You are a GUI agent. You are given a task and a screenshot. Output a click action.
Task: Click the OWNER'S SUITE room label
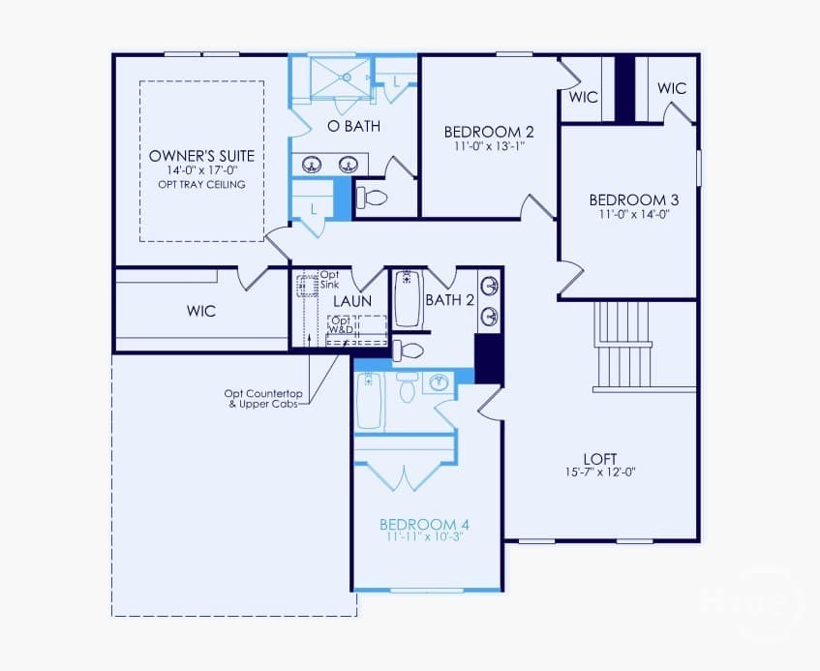[x=202, y=156]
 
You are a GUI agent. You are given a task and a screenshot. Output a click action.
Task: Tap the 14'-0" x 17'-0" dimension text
[x=202, y=170]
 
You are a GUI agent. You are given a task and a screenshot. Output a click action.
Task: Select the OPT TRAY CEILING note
[x=202, y=184]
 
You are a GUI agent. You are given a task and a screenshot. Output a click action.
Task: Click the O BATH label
[x=353, y=126]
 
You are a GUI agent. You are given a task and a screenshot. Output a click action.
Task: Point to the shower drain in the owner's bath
[x=346, y=77]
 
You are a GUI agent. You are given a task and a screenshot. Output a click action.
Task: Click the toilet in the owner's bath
[x=372, y=198]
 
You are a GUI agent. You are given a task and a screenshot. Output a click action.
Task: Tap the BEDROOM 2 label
[x=489, y=132]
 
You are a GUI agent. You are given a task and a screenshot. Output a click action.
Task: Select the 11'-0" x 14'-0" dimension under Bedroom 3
[x=634, y=214]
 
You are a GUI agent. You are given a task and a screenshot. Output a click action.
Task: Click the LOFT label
[x=600, y=459]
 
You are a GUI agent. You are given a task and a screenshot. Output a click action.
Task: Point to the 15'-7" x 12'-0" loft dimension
[x=600, y=472]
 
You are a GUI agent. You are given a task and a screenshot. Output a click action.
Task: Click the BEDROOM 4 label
[x=424, y=524]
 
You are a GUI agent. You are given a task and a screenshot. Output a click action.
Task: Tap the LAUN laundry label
[x=352, y=301]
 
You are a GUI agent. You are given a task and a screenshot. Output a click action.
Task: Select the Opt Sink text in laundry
[x=329, y=279]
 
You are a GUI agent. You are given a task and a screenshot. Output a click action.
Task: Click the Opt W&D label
[x=341, y=324]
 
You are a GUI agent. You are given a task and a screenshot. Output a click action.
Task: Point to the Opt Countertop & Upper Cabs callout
[x=263, y=399]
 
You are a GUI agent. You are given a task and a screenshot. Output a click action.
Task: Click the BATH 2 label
[x=450, y=300]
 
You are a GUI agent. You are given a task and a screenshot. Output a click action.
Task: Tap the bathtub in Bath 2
[x=408, y=299]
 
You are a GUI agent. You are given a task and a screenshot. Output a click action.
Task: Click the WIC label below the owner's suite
[x=201, y=311]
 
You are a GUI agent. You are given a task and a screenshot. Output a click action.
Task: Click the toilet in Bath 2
[x=408, y=351]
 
